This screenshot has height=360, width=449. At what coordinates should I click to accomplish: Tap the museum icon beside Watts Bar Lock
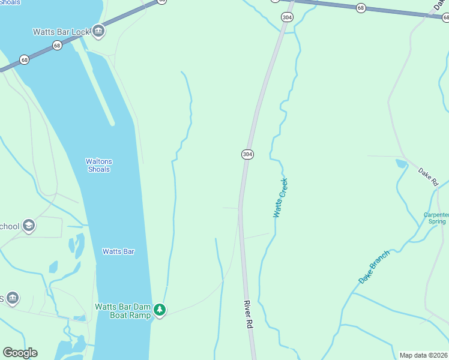pyautogui.click(x=98, y=31)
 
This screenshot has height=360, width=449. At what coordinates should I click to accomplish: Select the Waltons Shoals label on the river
pyautogui.click(x=98, y=165)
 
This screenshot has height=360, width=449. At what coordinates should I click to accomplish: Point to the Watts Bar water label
pyautogui.click(x=118, y=251)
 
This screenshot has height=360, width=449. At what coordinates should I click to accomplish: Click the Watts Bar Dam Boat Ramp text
pyautogui.click(x=122, y=311)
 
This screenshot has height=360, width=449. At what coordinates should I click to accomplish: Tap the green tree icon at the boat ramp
pyautogui.click(x=159, y=310)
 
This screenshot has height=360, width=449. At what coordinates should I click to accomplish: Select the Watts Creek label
pyautogui.click(x=280, y=197)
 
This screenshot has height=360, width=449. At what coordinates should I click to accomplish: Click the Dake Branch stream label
pyautogui.click(x=374, y=266)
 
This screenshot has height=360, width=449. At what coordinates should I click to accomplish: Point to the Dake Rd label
pyautogui.click(x=429, y=177)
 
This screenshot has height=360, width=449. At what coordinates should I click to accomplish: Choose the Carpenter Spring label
pyautogui.click(x=436, y=218)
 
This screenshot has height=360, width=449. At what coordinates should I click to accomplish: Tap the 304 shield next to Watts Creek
pyautogui.click(x=247, y=154)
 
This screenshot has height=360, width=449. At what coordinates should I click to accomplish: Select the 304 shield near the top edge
pyautogui.click(x=287, y=17)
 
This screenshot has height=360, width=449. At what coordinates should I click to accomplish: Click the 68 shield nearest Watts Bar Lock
pyautogui.click(x=57, y=46)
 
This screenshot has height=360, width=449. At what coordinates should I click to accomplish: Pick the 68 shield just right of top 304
pyautogui.click(x=360, y=8)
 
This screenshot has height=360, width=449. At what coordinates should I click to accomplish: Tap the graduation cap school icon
pyautogui.click(x=29, y=226)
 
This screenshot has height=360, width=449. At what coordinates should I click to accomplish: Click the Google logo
pyautogui.click(x=20, y=353)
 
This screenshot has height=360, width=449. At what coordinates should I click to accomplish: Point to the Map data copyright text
pyautogui.click(x=424, y=355)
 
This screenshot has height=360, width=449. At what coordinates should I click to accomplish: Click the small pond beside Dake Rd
pyautogui.click(x=401, y=163)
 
